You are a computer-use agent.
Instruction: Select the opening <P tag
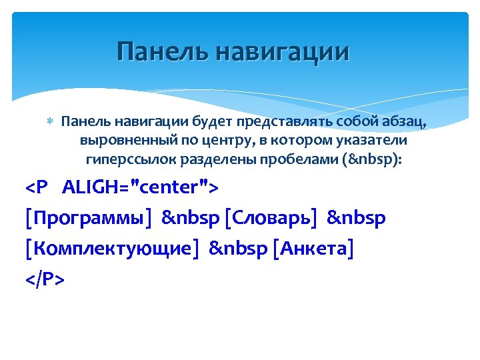37,188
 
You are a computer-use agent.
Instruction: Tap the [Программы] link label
88,219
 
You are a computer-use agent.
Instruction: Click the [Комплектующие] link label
112,249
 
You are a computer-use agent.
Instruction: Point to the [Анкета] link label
313,249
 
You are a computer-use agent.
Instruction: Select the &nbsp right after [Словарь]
357,219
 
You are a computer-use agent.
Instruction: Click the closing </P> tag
45,280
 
